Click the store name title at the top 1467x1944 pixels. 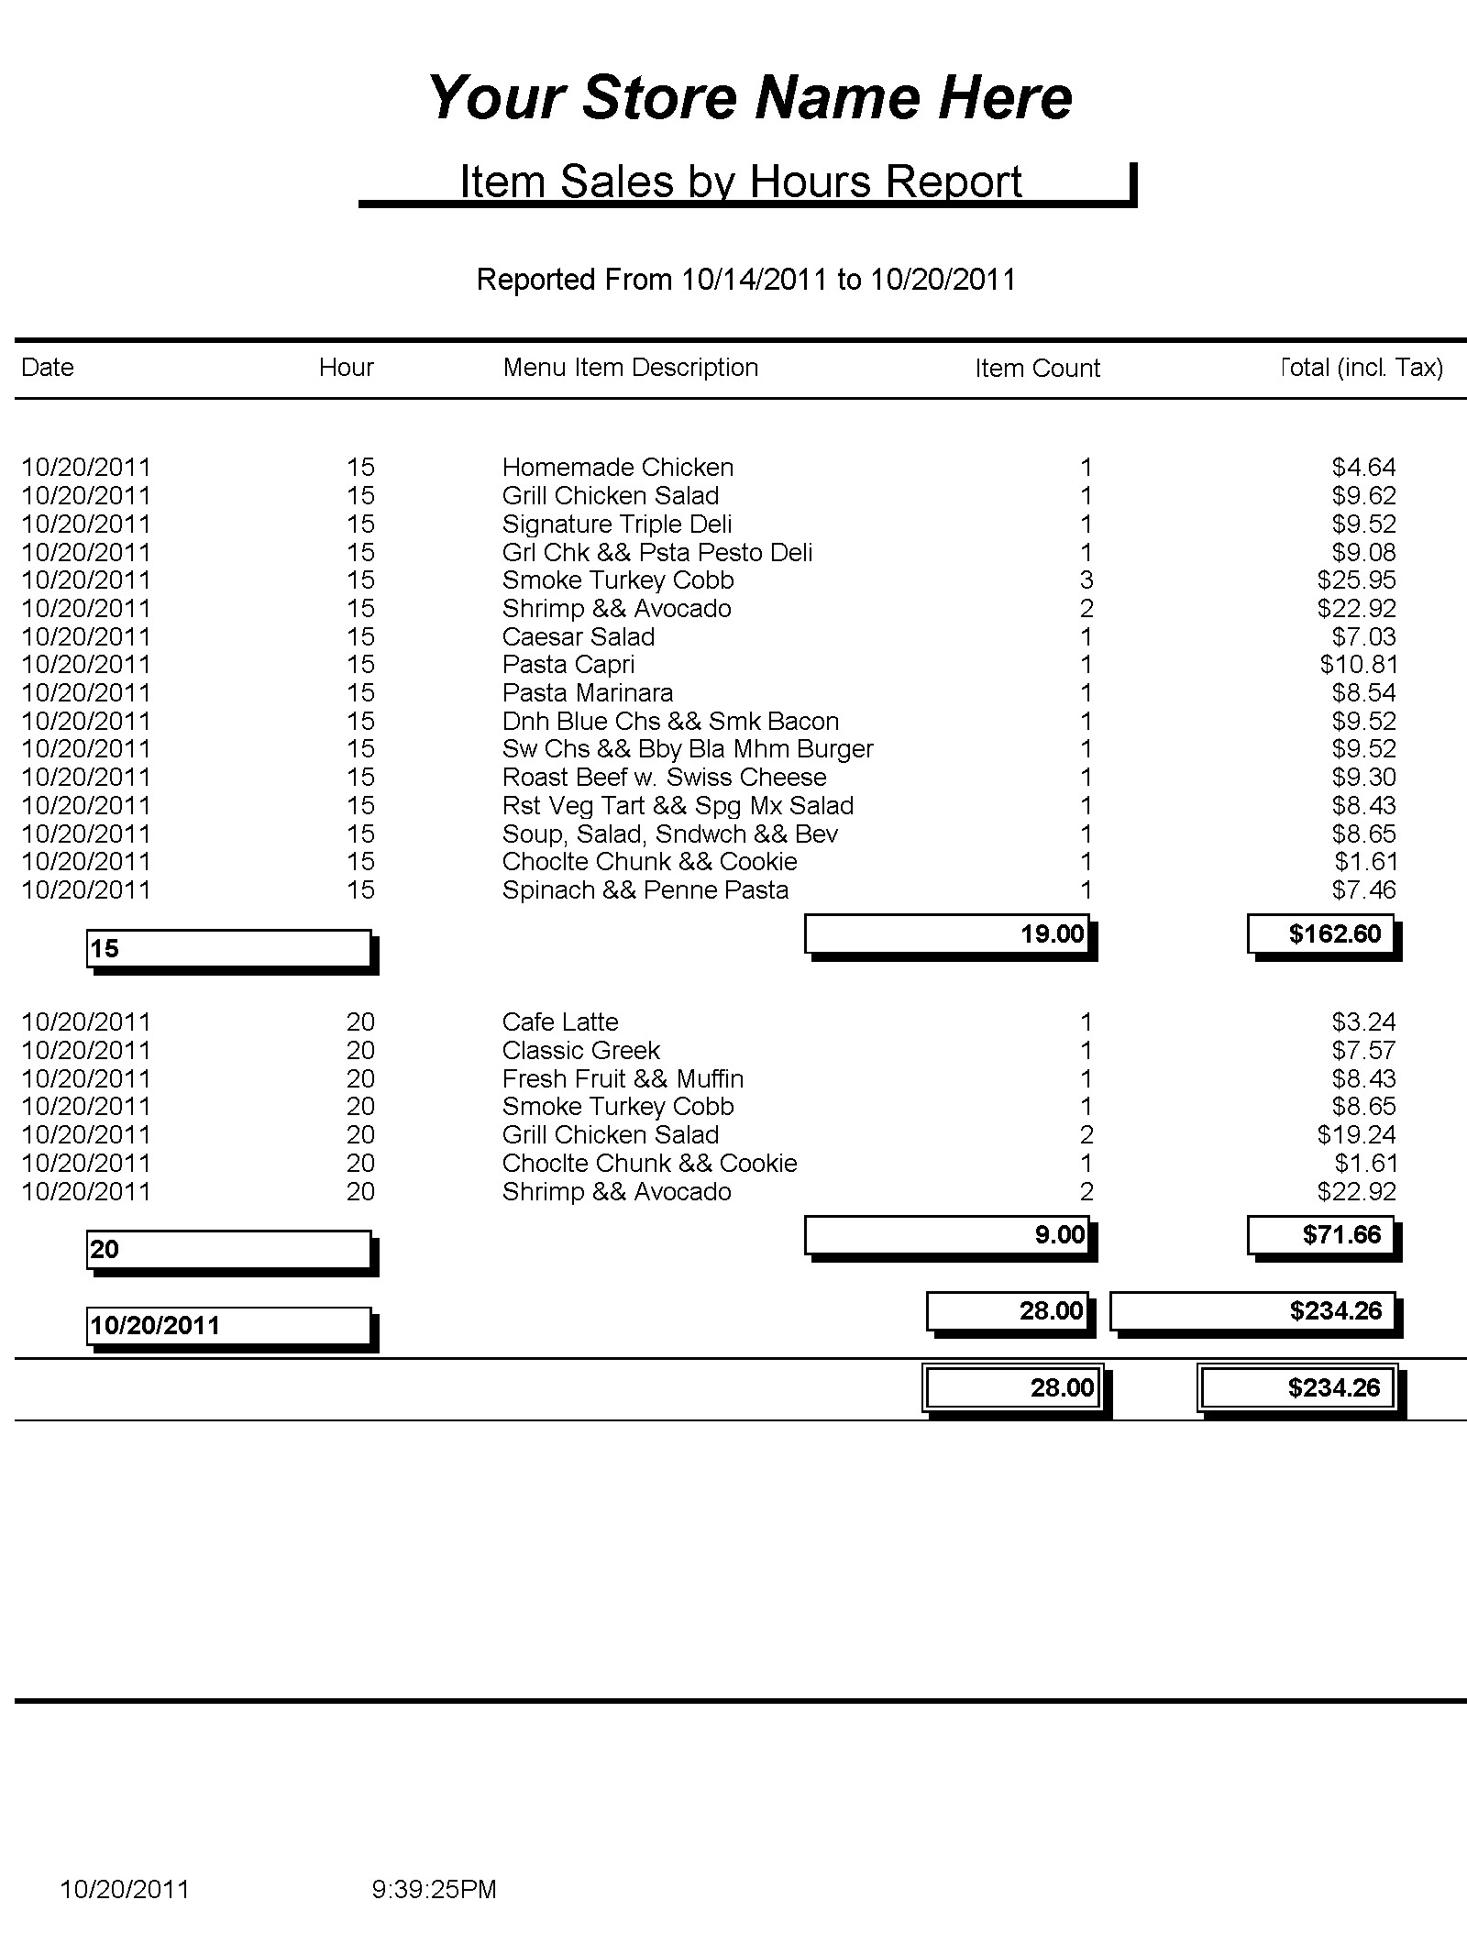click(x=749, y=97)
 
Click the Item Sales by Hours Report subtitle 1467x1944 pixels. click(x=740, y=181)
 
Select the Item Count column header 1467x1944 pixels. click(x=1036, y=368)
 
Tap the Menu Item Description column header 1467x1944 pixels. click(x=630, y=367)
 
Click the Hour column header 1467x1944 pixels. click(x=346, y=367)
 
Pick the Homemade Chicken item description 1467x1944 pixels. click(x=617, y=467)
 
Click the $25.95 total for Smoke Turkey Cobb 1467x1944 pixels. click(x=1356, y=580)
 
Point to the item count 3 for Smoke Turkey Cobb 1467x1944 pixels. click(x=1086, y=580)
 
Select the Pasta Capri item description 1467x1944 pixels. click(x=568, y=664)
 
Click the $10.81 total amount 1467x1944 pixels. click(x=1357, y=664)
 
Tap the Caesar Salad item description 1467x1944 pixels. click(x=578, y=636)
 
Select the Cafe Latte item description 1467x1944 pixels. click(x=559, y=1022)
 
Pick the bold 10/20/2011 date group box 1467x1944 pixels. click(x=228, y=1325)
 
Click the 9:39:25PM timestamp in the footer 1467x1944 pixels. click(x=434, y=1889)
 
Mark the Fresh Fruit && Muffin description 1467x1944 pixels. click(x=623, y=1078)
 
